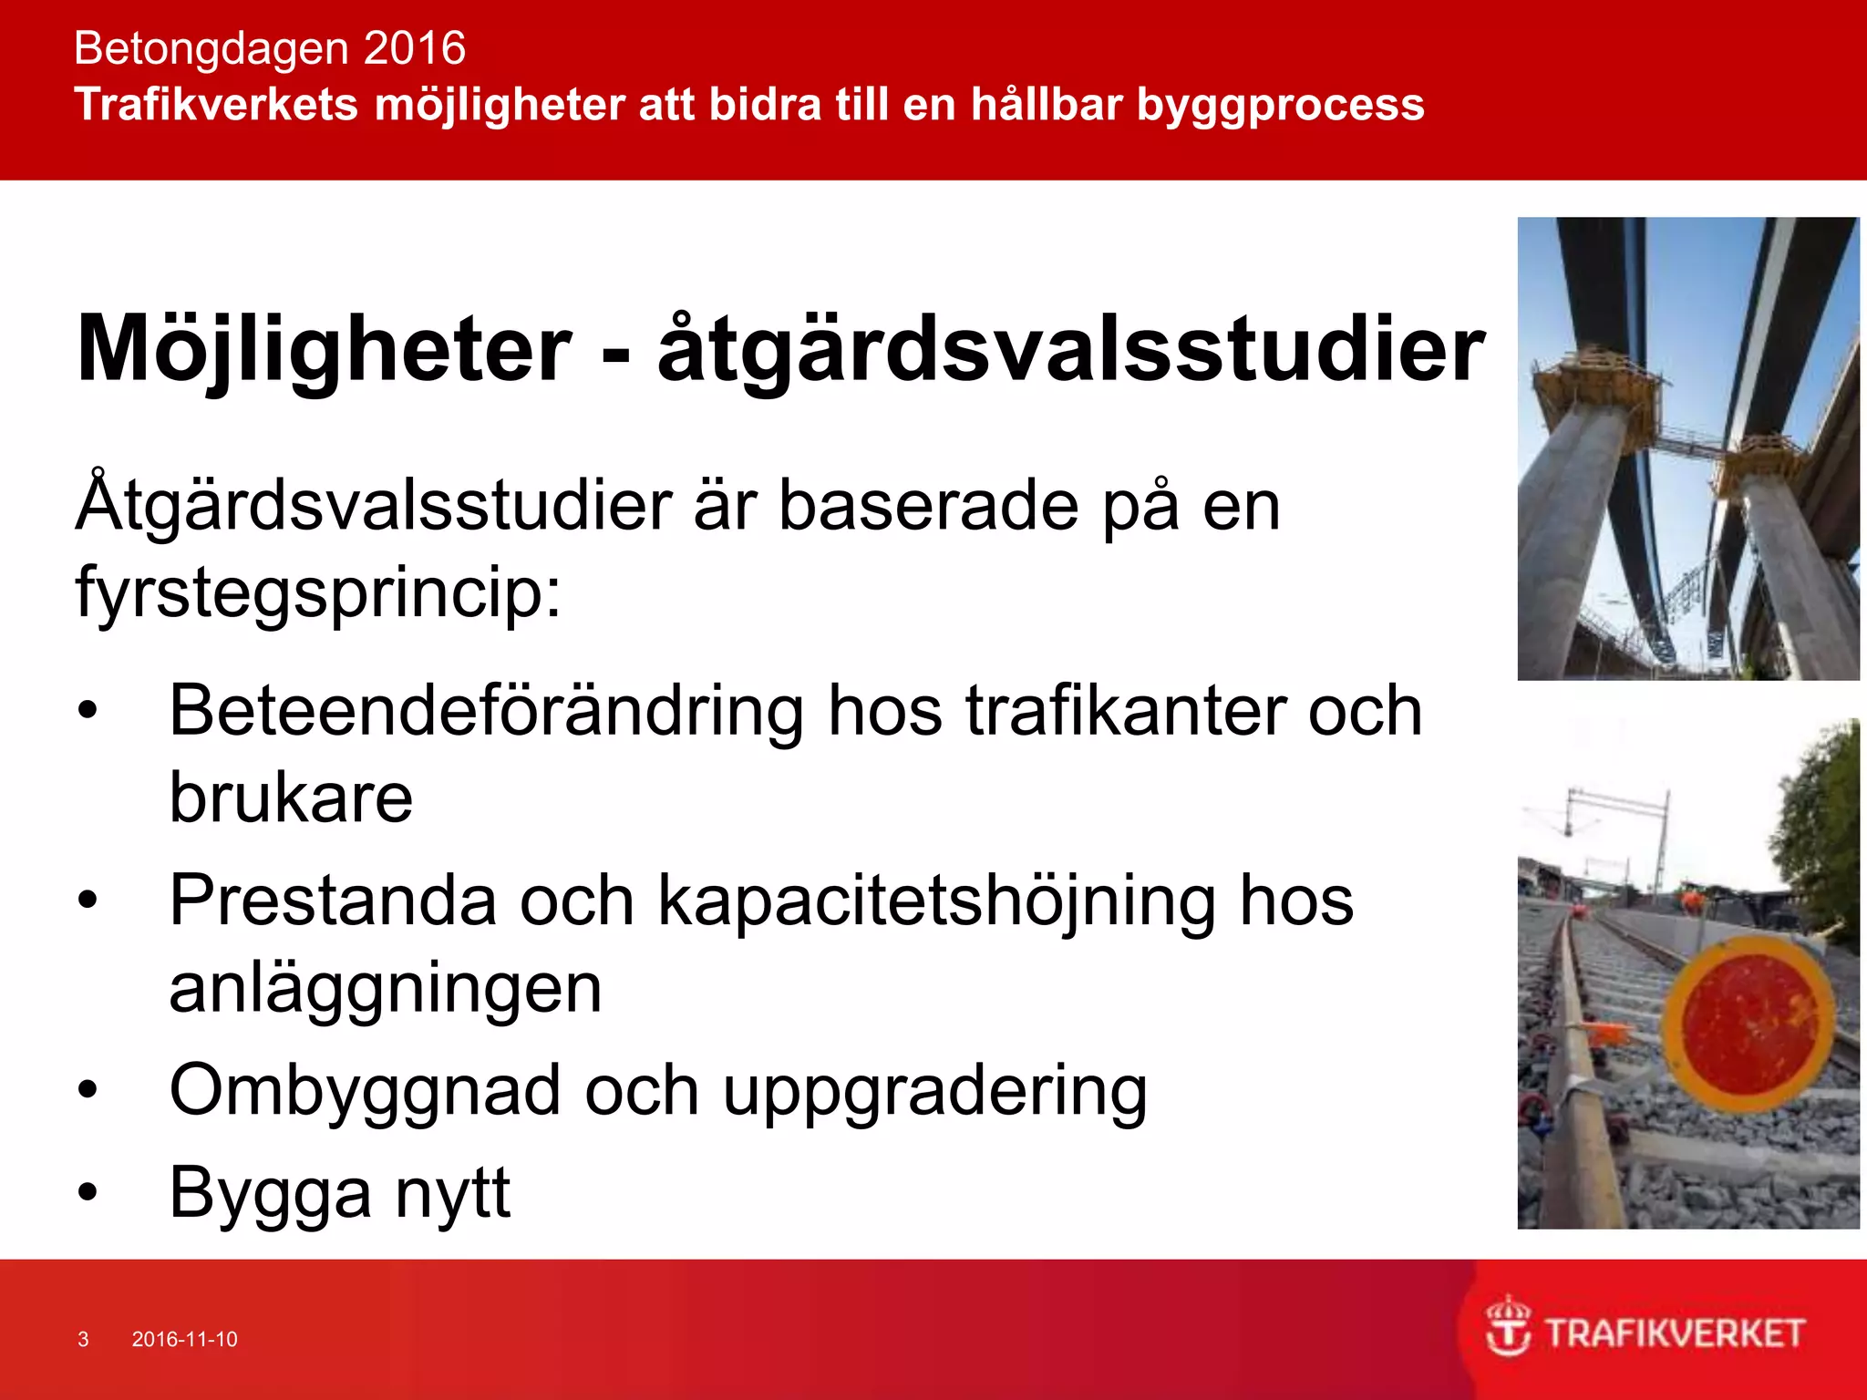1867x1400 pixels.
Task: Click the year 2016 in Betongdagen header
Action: click(415, 48)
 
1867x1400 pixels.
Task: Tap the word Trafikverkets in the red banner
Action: click(216, 104)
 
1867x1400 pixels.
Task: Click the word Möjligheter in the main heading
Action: click(324, 350)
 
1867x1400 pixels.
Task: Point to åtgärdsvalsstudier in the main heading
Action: click(1071, 350)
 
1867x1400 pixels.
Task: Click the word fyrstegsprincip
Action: click(317, 593)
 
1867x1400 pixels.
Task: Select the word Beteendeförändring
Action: click(486, 711)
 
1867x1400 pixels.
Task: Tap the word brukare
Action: click(291, 798)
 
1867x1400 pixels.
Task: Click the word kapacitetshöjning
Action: click(936, 901)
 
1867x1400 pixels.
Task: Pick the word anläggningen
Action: click(386, 989)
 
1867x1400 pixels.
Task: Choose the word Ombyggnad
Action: click(365, 1090)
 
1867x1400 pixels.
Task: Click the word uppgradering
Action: click(934, 1092)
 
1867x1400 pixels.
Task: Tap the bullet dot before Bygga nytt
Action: click(88, 1192)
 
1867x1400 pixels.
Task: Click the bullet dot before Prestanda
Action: click(88, 901)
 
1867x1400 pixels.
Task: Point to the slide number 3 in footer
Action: click(83, 1339)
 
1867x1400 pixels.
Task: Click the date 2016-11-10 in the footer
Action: click(184, 1339)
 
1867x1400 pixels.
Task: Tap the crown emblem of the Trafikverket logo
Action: click(1509, 1327)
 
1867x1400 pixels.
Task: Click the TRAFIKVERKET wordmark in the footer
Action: click(1675, 1333)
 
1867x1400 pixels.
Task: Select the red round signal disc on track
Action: click(1748, 1023)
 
